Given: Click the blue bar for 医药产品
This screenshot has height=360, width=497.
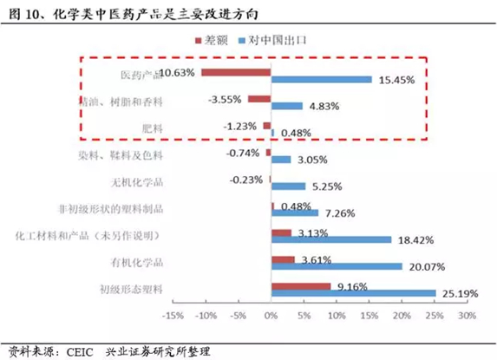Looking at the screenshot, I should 322,80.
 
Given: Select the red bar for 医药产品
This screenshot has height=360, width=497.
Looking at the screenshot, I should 236,72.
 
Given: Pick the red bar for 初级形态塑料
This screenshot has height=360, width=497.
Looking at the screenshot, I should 301,285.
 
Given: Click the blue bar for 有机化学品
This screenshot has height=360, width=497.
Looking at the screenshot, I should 337,266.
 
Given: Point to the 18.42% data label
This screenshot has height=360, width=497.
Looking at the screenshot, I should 415,239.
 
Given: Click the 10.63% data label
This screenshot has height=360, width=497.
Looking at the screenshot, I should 178,71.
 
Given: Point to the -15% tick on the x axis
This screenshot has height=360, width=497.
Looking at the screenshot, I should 173,316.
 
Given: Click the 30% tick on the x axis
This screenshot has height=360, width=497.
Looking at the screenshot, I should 467,316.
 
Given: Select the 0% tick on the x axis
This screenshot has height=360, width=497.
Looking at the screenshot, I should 271,316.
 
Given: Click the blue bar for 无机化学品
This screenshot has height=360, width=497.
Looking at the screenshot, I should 288,186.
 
